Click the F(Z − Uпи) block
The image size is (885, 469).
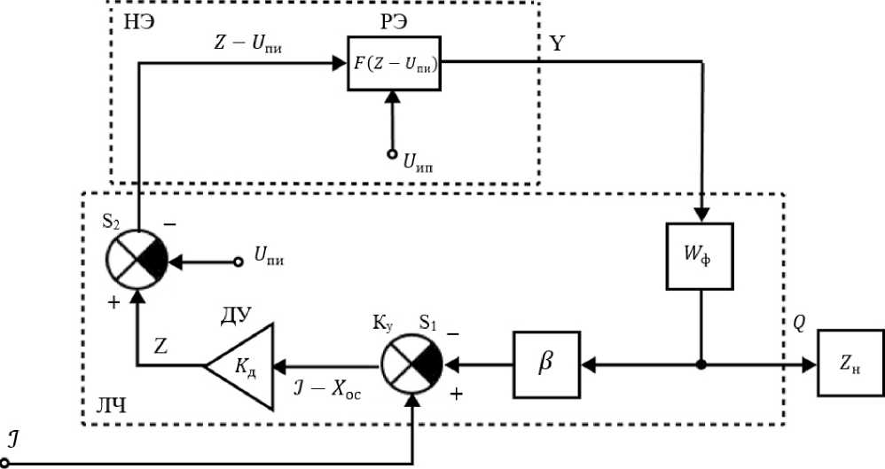[394, 63]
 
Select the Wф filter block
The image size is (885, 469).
[700, 256]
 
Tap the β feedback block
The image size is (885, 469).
[546, 364]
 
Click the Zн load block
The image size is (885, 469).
[850, 363]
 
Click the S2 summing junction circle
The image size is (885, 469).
[137, 260]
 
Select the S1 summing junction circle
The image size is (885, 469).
[411, 365]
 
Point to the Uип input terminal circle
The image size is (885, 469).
[392, 153]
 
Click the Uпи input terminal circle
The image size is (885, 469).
[239, 262]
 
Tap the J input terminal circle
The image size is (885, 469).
[5, 464]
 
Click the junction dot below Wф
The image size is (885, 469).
[701, 364]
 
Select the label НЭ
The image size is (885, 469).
[139, 23]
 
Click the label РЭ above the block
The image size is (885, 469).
[394, 22]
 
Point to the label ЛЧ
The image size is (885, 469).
[111, 405]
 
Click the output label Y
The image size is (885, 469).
[557, 43]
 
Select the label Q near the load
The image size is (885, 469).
[799, 324]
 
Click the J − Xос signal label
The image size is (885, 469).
[327, 390]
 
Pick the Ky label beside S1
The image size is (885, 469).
[382, 324]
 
